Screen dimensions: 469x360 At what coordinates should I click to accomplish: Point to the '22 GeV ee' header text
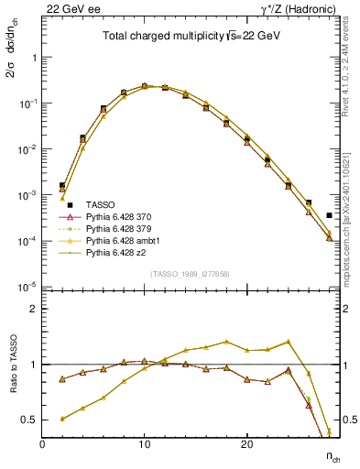pos(68,8)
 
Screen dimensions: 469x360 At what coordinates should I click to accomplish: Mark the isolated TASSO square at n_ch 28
pos(329,215)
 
